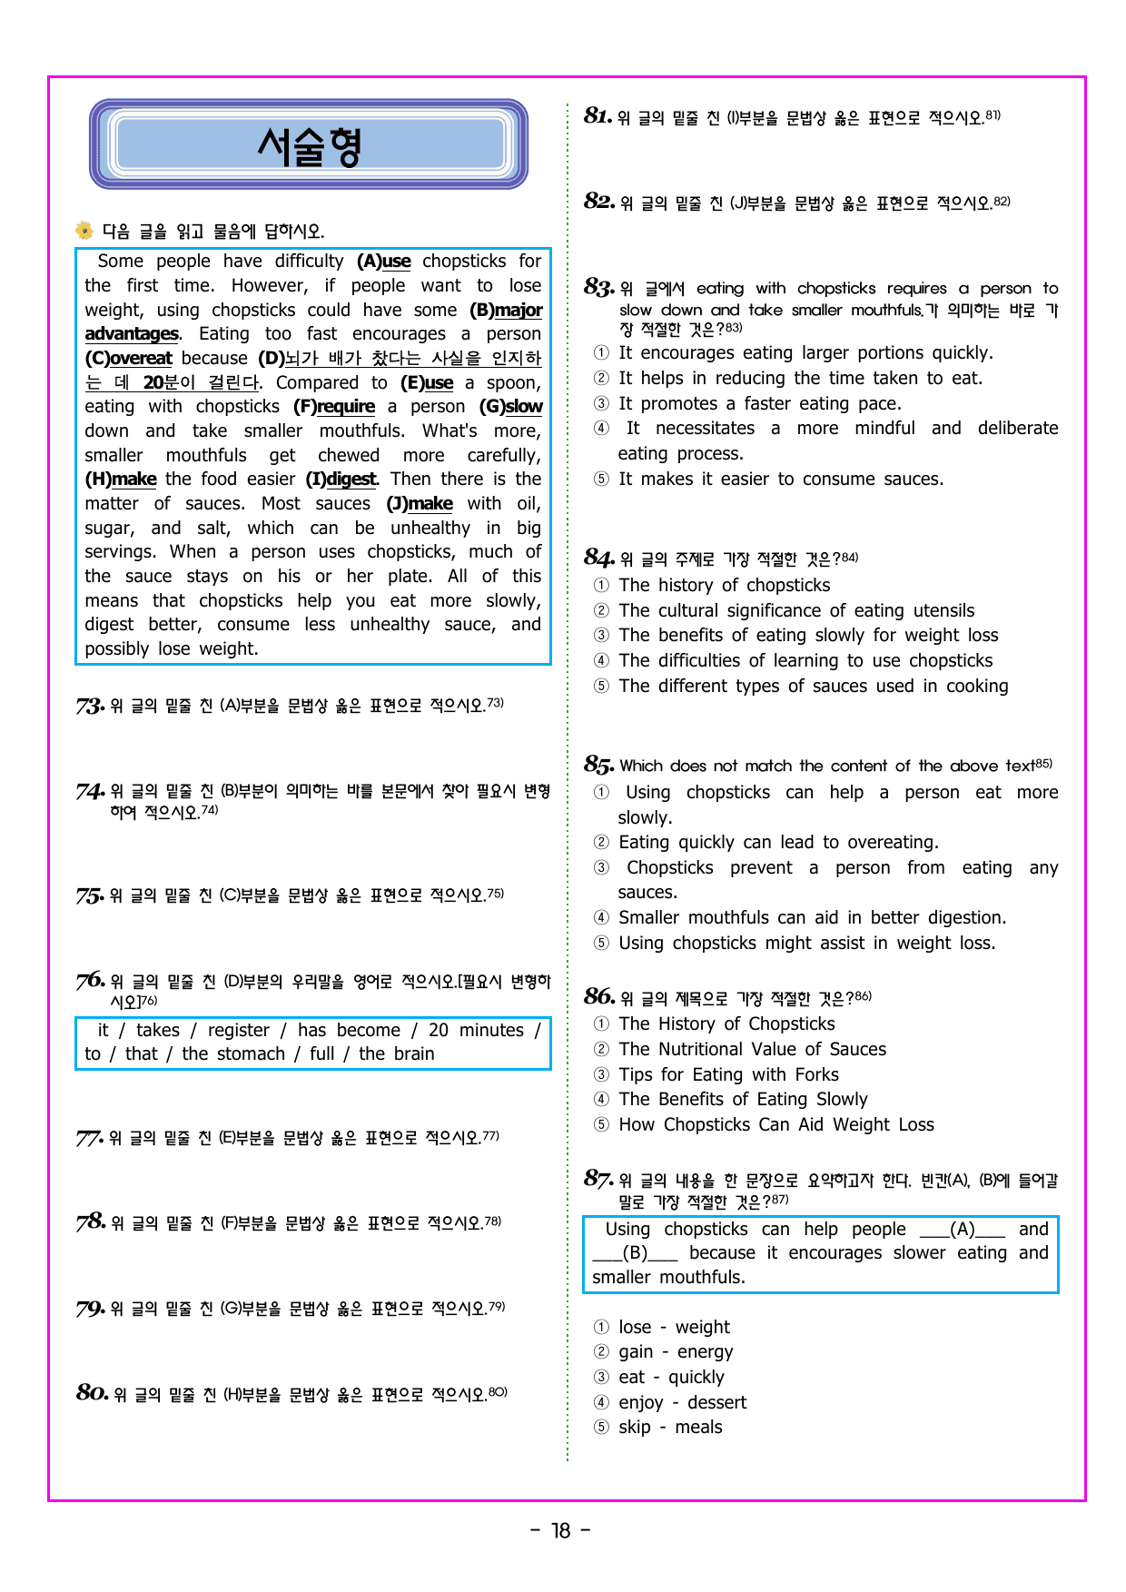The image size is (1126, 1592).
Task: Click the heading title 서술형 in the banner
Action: (x=309, y=145)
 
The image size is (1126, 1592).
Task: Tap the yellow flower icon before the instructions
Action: (x=84, y=230)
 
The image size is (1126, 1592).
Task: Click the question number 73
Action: (x=90, y=706)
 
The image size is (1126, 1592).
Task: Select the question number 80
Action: (x=93, y=1392)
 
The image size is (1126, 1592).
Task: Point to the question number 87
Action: (x=598, y=1179)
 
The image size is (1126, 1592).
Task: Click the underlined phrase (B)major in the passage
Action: (x=506, y=310)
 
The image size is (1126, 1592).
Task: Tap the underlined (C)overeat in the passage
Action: (x=129, y=358)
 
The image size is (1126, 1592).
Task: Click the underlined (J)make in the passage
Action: (x=420, y=503)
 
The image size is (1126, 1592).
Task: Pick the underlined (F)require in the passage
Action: (x=334, y=406)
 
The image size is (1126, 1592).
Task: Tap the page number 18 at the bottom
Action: (x=561, y=1530)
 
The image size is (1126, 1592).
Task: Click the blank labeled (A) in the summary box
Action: (x=963, y=1229)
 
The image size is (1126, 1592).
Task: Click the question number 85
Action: (x=598, y=765)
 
